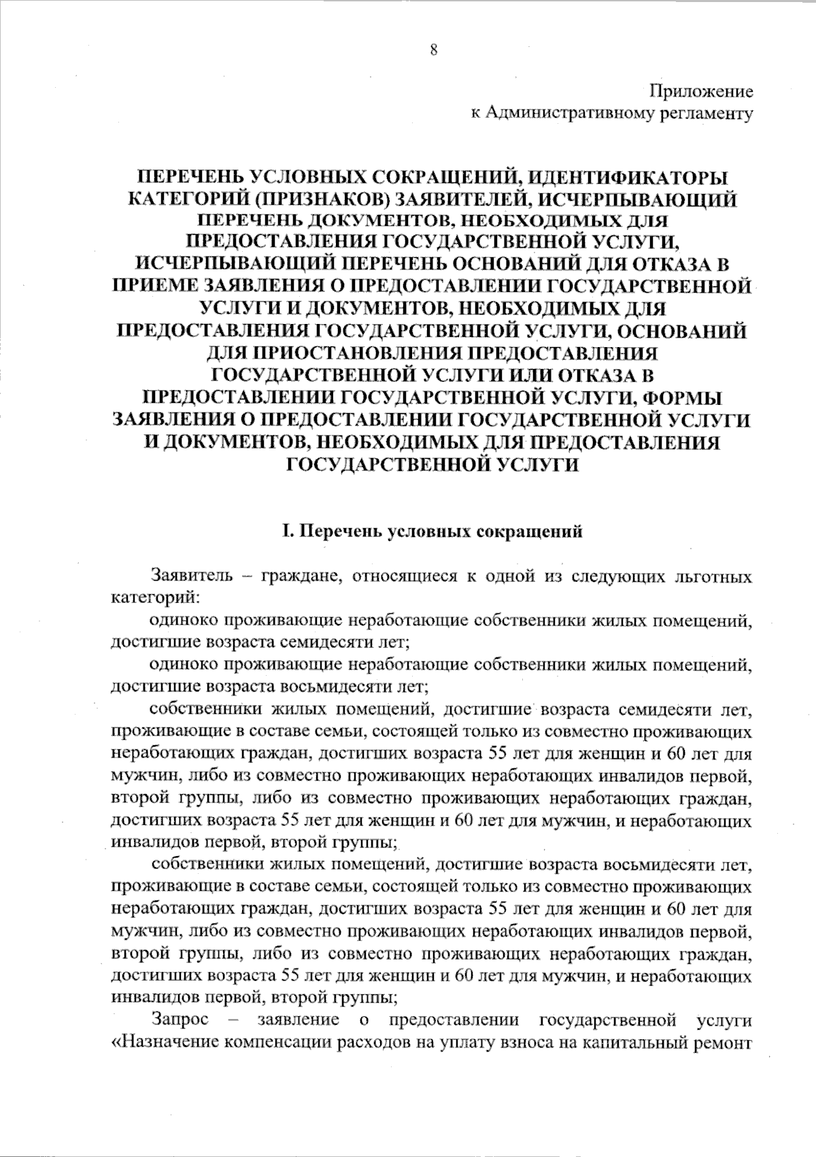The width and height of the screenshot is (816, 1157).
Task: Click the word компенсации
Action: point(273,1042)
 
